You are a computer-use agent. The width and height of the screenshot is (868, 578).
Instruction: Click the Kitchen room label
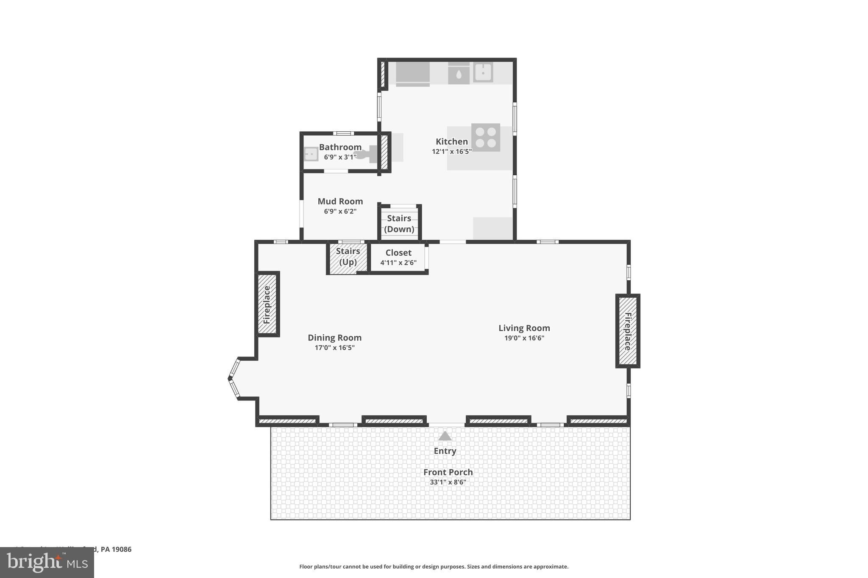[x=451, y=142]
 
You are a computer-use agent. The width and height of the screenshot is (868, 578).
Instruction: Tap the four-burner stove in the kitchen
[x=485, y=137]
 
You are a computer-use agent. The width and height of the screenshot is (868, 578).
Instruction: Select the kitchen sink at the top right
[x=483, y=72]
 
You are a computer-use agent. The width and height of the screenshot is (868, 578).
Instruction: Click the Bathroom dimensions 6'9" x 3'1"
[x=340, y=157]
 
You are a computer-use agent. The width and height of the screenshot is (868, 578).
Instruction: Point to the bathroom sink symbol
[x=311, y=154]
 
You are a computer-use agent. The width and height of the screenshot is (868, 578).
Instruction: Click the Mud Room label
[x=340, y=202]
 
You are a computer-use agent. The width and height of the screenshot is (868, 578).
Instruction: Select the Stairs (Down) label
[x=399, y=224]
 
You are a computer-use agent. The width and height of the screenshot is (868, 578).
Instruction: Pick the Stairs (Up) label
[x=348, y=256]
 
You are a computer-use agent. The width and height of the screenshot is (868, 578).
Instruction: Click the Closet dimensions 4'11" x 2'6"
[x=398, y=263]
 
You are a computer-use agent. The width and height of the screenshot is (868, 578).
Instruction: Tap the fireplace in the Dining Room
[x=267, y=304]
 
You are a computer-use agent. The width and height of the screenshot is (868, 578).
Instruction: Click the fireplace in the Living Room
[x=628, y=331]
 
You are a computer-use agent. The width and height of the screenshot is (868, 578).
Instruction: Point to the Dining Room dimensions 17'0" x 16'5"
[x=334, y=348]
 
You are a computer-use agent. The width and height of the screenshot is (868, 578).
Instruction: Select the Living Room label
[x=524, y=328]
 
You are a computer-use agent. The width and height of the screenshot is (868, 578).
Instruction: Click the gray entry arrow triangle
[x=445, y=436]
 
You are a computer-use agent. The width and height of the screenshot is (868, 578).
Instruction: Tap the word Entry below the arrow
[x=445, y=451]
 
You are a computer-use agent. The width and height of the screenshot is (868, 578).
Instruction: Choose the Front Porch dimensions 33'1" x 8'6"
[x=448, y=482]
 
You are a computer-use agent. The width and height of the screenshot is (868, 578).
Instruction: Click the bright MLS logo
[x=47, y=563]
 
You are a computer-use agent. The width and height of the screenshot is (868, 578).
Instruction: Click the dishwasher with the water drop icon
[x=459, y=74]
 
